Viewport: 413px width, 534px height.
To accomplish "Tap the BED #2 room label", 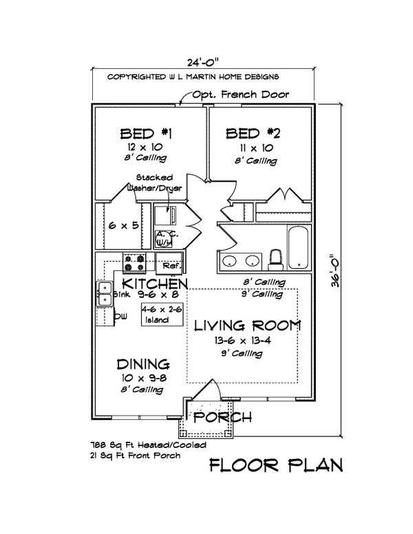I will click(244, 133).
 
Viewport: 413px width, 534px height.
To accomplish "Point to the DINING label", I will click(143, 364).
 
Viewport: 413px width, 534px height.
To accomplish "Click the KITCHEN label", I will click(155, 284).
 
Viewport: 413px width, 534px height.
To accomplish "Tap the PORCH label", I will click(222, 417).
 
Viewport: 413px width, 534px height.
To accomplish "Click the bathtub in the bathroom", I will click(298, 246).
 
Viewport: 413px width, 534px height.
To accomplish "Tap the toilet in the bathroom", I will click(275, 259).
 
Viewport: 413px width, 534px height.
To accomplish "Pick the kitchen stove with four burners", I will click(134, 262).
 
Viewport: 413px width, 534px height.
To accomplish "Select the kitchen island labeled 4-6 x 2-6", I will click(162, 314).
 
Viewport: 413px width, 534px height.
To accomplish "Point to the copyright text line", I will click(192, 78).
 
